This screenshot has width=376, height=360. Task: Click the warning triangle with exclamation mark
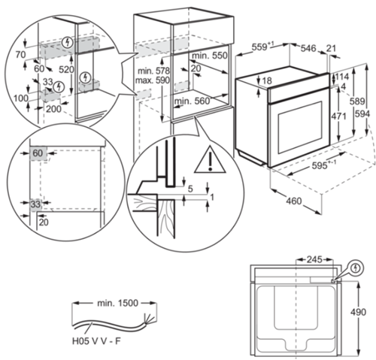pyautogui.click(x=210, y=161)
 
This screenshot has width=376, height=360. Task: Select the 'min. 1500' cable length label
pyautogui.click(x=117, y=303)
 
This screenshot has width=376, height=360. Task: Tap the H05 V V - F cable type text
pyautogui.click(x=96, y=341)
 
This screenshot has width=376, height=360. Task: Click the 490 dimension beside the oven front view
pyautogui.click(x=358, y=312)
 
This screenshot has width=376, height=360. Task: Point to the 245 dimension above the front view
pyautogui.click(x=314, y=260)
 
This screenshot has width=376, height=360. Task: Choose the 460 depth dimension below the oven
pyautogui.click(x=294, y=201)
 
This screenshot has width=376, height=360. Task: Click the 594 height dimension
pyautogui.click(x=362, y=114)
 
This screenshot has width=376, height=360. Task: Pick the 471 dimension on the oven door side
pyautogui.click(x=338, y=116)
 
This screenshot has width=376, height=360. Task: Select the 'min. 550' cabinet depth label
pyautogui.click(x=209, y=56)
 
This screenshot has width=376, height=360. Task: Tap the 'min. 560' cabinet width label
pyautogui.click(x=192, y=101)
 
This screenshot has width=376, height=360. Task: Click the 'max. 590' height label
pyautogui.click(x=153, y=80)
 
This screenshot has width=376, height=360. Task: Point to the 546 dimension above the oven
pyautogui.click(x=308, y=48)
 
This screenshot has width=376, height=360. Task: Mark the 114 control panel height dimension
pyautogui.click(x=342, y=77)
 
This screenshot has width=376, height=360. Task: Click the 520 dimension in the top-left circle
pyautogui.click(x=66, y=69)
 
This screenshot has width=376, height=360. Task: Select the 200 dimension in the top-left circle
pyautogui.click(x=53, y=109)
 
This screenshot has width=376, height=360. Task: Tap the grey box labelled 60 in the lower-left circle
pyautogui.click(x=38, y=153)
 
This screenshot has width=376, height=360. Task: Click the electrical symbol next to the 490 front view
pyautogui.click(x=356, y=268)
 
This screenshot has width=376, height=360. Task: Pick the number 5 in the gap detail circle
pyautogui.click(x=190, y=189)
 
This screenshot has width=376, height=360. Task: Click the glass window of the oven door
pyautogui.click(x=299, y=127)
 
